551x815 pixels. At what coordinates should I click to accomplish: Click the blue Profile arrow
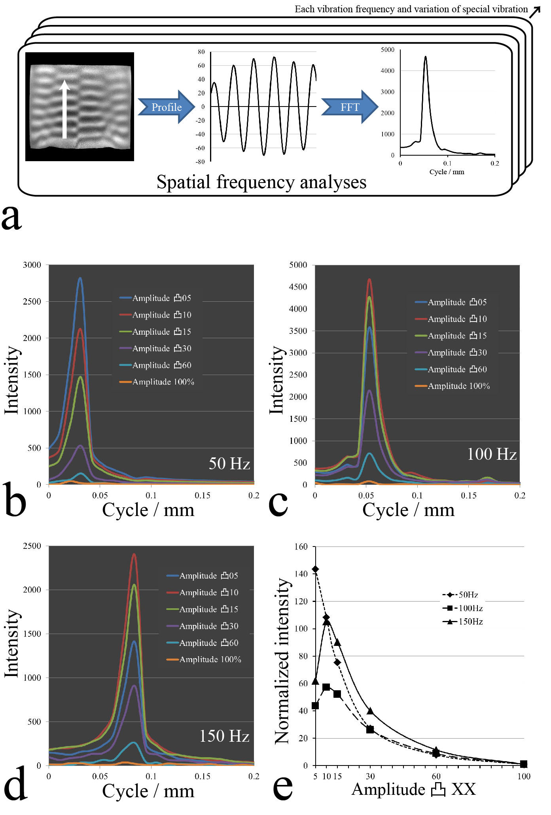coord(167,107)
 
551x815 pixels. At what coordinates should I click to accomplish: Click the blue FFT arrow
coord(350,107)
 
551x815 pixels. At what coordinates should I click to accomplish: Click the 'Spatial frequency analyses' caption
coord(261,182)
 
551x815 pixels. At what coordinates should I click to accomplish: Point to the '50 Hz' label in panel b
coord(229,463)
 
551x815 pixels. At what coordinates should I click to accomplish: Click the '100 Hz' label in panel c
coord(492,454)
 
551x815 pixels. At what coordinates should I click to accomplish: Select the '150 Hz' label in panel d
coord(224,736)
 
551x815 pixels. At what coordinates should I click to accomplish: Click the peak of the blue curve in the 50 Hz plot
coord(80,278)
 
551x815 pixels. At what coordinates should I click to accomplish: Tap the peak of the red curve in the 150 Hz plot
coord(134,554)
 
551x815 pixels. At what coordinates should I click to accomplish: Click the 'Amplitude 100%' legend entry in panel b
coord(163,382)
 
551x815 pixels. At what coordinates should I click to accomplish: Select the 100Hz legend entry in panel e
coord(463,608)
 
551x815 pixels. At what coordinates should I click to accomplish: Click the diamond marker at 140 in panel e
coord(315,569)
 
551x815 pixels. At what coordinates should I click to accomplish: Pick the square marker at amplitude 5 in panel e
coord(315,705)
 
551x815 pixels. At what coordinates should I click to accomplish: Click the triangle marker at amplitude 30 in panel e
coord(370,711)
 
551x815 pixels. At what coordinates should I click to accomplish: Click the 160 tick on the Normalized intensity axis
coord(301,547)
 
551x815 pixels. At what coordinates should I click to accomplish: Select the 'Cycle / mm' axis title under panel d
coord(148,791)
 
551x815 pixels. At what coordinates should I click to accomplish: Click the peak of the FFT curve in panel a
coord(426,57)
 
